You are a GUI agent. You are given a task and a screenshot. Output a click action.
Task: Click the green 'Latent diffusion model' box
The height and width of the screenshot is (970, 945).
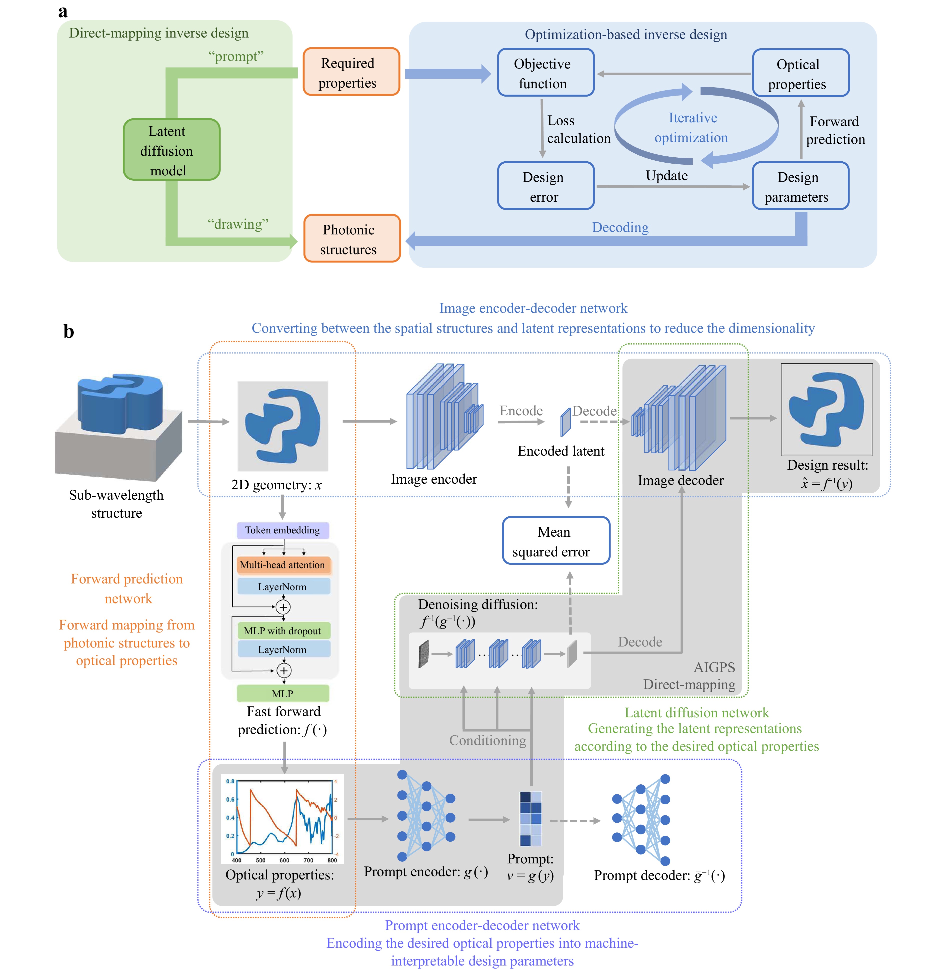click(x=171, y=150)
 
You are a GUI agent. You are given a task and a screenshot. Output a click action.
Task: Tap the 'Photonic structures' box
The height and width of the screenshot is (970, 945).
click(x=351, y=239)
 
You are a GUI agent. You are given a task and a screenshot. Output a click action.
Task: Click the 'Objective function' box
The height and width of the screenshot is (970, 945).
click(x=545, y=73)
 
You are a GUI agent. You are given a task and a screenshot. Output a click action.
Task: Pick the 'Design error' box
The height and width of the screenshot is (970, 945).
click(x=545, y=186)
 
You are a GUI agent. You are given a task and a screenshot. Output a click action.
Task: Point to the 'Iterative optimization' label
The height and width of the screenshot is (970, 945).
click(x=692, y=128)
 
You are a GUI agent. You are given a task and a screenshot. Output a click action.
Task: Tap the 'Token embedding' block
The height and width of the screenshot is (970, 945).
click(x=282, y=530)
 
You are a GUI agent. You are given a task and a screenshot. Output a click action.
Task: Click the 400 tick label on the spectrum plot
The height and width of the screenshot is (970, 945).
click(x=237, y=860)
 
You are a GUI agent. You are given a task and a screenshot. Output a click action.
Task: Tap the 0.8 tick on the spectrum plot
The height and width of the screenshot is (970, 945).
click(x=230, y=781)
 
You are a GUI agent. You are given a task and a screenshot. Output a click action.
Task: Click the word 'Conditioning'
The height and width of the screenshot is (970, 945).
click(x=487, y=741)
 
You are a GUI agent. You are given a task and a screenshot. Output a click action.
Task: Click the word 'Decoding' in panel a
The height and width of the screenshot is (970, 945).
click(x=620, y=227)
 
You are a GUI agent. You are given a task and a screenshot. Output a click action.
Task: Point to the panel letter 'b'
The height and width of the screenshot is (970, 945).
click(x=68, y=331)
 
